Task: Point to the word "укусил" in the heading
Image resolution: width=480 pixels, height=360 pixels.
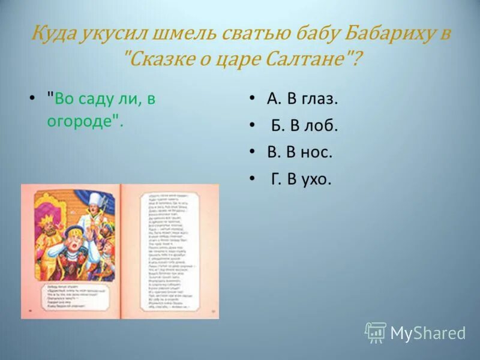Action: (x=117, y=33)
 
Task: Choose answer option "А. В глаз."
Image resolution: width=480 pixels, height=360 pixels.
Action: (x=302, y=99)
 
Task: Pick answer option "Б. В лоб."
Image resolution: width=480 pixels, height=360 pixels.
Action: (x=304, y=125)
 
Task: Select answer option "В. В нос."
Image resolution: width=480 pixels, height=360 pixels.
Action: (x=299, y=152)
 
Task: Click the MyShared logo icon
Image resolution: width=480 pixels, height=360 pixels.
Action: (x=376, y=332)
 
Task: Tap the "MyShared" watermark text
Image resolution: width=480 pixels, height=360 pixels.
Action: (x=428, y=334)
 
